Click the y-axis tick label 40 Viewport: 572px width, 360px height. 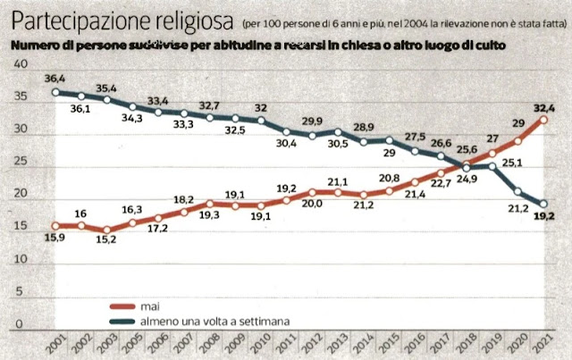coord(22,66)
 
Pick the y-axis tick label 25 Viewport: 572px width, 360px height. coord(22,163)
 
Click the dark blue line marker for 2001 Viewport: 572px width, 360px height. coord(55,91)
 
